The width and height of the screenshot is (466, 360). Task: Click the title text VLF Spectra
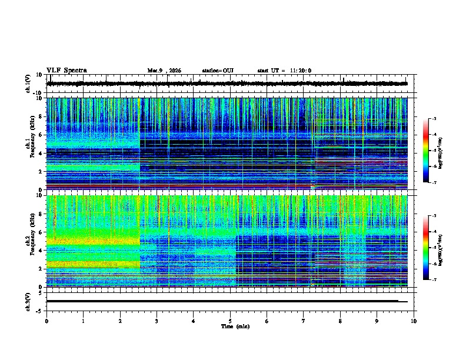click(66, 71)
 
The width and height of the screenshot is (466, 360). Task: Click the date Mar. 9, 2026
click(164, 71)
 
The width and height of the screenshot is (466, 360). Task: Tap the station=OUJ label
click(218, 71)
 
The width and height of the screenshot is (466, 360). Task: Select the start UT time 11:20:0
click(284, 71)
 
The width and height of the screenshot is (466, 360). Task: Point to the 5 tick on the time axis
click(230, 321)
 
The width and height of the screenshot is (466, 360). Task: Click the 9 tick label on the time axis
click(377, 321)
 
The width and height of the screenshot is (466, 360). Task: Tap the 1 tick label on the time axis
click(83, 321)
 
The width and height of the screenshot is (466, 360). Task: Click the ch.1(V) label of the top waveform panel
click(29, 84)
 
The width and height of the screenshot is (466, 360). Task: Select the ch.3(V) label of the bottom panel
click(29, 301)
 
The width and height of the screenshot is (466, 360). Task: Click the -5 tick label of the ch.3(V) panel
click(40, 310)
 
